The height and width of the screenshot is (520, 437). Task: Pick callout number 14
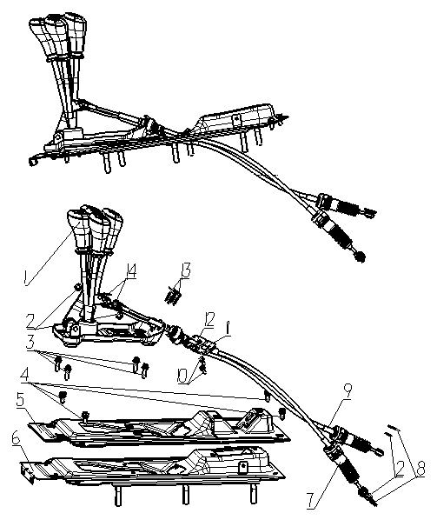pos(130,272)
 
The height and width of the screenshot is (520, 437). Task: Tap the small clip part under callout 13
pos(173,295)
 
